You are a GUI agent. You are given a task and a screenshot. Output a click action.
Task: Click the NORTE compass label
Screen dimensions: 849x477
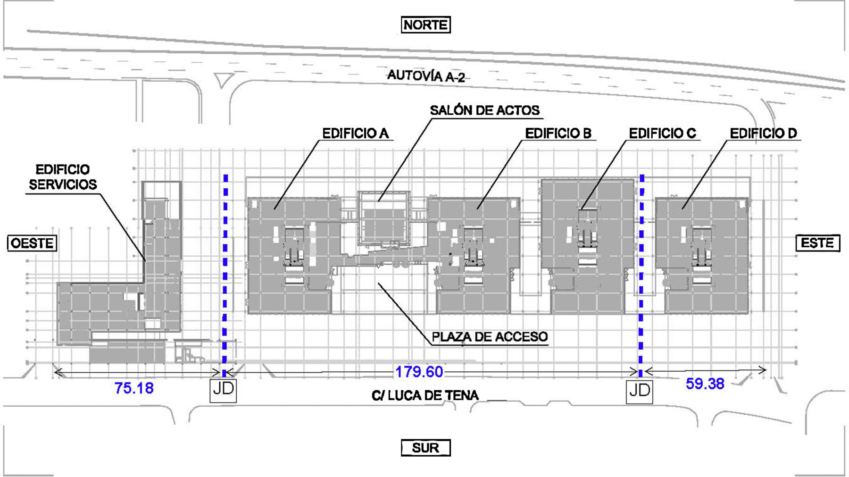[x=425, y=25]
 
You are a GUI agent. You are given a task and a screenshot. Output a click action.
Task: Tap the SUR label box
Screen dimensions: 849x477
[x=425, y=447]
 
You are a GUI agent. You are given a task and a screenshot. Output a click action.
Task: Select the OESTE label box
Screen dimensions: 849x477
[x=32, y=243]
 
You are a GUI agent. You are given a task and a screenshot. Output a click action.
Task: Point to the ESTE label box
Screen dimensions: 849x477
[x=818, y=243]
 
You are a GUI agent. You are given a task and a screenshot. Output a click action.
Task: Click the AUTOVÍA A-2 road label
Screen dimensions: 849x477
[x=426, y=76]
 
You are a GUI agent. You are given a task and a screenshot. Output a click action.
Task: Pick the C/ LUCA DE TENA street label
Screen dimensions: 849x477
[x=425, y=395]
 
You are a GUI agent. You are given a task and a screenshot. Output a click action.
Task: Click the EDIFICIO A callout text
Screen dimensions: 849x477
[x=355, y=134]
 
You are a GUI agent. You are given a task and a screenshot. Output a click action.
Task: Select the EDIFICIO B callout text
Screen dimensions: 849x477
[x=558, y=134]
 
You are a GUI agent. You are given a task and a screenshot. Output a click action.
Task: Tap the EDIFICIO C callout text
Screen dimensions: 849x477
[x=662, y=134]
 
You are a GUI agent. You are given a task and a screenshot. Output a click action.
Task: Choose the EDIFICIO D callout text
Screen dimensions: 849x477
[x=763, y=134]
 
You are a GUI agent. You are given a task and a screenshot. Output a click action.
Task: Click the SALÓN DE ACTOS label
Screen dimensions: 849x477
[x=484, y=110]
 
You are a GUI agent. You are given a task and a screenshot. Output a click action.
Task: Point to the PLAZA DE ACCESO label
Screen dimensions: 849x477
[x=490, y=337]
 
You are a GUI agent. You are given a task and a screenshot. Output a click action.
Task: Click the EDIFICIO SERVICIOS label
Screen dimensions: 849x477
[x=63, y=177]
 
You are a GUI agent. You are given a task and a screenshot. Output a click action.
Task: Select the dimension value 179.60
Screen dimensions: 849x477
[x=419, y=372]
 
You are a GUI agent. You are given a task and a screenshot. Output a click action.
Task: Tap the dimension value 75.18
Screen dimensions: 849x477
[x=134, y=388]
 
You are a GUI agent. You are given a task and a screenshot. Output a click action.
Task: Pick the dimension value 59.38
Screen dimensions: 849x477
[x=705, y=384]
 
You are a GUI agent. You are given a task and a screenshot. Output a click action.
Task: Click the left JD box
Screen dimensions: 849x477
[x=223, y=389]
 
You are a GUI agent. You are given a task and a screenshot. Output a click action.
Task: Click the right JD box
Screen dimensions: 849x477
[x=640, y=391]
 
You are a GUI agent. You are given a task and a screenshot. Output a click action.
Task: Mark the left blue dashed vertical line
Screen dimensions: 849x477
[x=225, y=275]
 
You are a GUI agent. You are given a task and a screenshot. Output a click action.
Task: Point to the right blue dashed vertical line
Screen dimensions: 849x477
[x=641, y=276]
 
